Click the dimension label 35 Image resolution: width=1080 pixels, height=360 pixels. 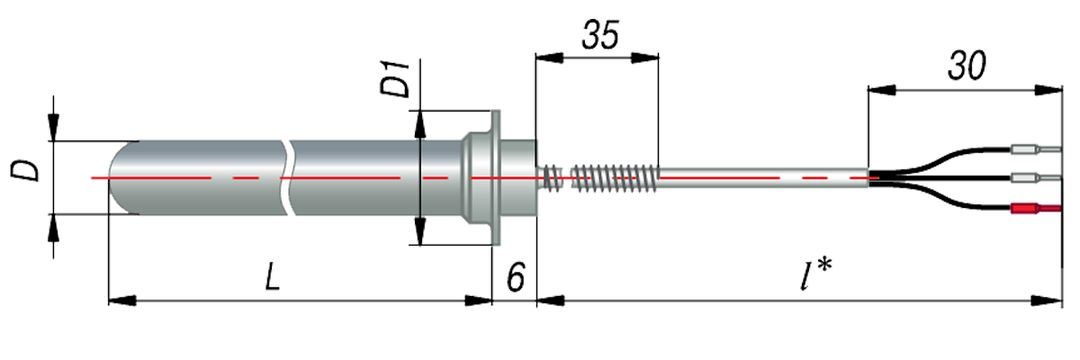point(600,36)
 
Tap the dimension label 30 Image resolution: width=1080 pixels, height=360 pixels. point(967,66)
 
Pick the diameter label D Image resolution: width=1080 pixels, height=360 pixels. point(29,170)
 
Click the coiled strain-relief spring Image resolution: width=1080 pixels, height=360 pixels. point(612,176)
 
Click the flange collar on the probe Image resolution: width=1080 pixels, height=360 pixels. point(487,176)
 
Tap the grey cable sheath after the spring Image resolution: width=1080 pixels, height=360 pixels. point(765,177)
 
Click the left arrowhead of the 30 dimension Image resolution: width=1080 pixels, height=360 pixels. point(881,89)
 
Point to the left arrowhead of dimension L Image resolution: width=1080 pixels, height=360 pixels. point(121,300)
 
